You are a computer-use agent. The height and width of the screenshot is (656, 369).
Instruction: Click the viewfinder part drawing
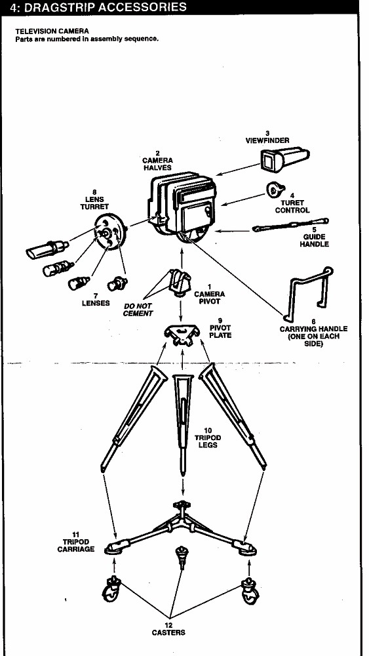click(x=285, y=159)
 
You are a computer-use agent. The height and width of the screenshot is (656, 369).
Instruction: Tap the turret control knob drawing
click(x=275, y=190)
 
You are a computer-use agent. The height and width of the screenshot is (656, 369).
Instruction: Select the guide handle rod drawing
click(x=290, y=225)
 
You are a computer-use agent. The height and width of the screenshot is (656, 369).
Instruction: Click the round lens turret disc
click(x=110, y=231)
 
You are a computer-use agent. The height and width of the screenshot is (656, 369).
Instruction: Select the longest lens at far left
click(x=47, y=249)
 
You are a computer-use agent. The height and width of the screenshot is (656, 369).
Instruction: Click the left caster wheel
click(x=111, y=590)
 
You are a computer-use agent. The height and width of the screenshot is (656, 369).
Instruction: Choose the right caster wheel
click(x=250, y=590)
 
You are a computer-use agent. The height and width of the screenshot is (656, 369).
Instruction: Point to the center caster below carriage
click(x=182, y=556)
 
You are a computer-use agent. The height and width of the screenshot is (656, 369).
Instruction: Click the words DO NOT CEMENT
click(x=138, y=310)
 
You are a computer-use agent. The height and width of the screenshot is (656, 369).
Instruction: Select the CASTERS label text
click(x=169, y=632)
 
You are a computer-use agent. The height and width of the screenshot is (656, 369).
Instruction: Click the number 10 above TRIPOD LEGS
click(x=208, y=430)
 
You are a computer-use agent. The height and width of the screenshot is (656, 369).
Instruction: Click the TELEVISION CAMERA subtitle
click(x=52, y=31)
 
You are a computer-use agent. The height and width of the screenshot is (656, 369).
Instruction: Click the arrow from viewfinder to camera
click(x=238, y=169)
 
